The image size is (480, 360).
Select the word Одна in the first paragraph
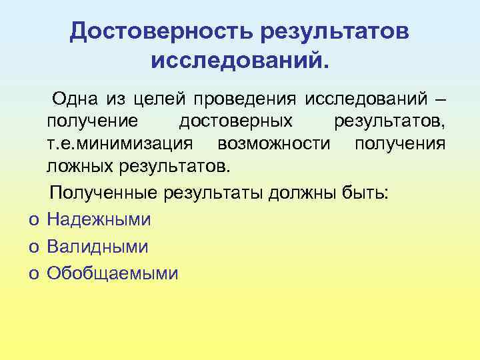pos(75,100)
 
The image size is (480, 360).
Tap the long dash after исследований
pos(438,100)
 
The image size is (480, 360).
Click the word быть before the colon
pos(369,193)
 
